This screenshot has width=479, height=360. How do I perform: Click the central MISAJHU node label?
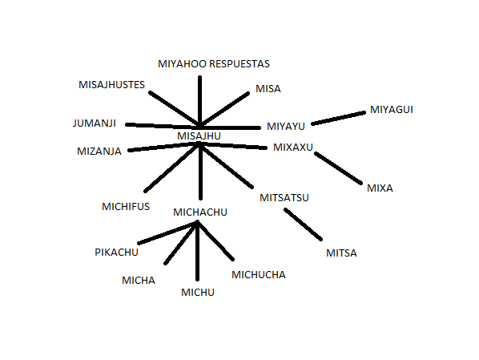199,136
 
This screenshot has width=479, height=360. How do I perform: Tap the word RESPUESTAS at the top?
239,63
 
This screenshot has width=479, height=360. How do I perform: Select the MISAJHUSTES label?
111,85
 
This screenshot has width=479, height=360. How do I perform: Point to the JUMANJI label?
94,123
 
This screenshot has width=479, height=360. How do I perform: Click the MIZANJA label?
99,151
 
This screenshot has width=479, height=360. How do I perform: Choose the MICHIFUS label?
126,206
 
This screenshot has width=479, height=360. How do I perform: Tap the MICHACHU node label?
200,212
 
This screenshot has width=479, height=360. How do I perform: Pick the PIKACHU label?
116,252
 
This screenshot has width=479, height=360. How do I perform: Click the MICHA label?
139,280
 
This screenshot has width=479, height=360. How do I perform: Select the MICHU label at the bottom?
198,292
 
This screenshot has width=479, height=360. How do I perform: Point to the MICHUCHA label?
259,275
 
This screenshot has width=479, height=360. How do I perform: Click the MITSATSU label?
284,197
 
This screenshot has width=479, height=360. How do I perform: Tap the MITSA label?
341,253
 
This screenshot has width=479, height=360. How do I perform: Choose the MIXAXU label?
293,147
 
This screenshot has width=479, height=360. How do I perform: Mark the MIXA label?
380,188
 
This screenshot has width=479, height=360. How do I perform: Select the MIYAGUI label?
392,110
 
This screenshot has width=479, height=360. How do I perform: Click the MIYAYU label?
286,126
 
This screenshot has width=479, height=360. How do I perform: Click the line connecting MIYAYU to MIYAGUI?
338,119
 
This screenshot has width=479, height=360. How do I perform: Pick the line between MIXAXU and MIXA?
338,168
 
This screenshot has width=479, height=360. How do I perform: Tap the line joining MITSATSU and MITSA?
303,224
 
